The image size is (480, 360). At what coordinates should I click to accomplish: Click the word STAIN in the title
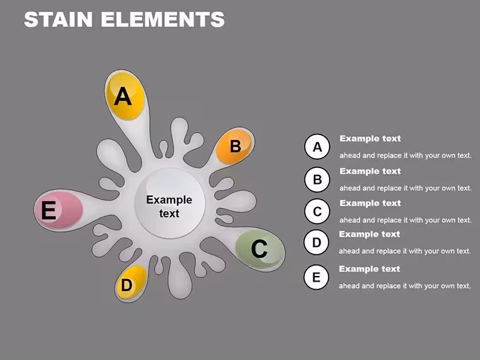pos(58,20)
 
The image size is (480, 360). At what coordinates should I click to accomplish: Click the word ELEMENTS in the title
pos(163,20)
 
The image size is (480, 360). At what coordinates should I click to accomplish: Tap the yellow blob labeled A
pos(125,95)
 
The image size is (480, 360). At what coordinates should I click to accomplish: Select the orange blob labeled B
pos(234,146)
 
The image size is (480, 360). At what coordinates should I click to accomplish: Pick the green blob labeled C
pos(260,249)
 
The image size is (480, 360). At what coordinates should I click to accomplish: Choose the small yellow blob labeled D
pos(131,282)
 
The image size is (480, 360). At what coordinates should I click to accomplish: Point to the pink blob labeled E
pos(59,210)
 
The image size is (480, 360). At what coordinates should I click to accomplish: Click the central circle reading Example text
pos(170,203)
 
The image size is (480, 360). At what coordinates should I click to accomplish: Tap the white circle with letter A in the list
pos(317,147)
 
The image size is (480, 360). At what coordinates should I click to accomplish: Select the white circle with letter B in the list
pos(317,179)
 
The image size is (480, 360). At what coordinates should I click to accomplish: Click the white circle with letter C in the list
pos(317,211)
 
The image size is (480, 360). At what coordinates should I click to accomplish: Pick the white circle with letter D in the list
pos(316,242)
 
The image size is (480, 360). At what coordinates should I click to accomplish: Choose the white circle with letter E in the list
pos(316,277)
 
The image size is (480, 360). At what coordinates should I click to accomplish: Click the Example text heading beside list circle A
pos(370,138)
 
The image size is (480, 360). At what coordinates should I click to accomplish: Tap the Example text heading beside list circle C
pos(370,203)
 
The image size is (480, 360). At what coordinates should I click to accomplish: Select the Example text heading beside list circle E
pos(369,269)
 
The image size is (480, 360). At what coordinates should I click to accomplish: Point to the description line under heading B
pos(405,188)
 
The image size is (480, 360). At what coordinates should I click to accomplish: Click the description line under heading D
pos(405,251)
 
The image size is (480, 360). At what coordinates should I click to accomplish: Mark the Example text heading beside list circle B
pos(370,171)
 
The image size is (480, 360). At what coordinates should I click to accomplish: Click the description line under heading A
pos(405,155)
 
